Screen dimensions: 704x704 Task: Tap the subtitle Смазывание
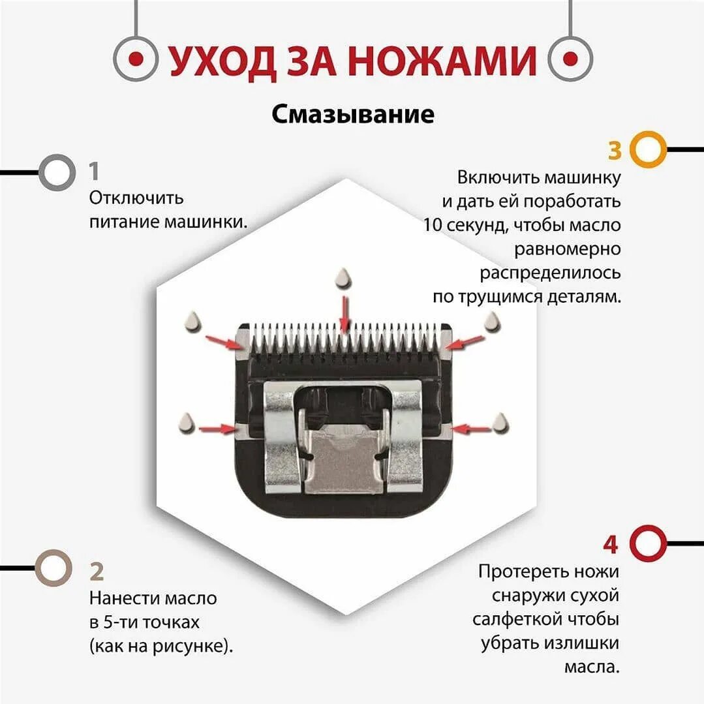[353, 114]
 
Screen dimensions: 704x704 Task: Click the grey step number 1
[95, 172]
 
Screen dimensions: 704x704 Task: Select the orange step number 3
[615, 150]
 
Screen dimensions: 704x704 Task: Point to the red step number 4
[610, 544]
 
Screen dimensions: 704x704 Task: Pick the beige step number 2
[97, 572]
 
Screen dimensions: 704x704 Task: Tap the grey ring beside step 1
[57, 172]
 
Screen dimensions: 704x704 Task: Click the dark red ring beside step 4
[649, 543]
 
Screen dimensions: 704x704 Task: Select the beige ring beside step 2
[52, 568]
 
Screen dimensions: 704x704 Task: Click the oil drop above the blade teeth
[343, 280]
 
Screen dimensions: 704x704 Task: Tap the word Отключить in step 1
[136, 197]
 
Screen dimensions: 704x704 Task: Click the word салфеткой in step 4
[513, 619]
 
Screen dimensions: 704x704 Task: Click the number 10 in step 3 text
[435, 225]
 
